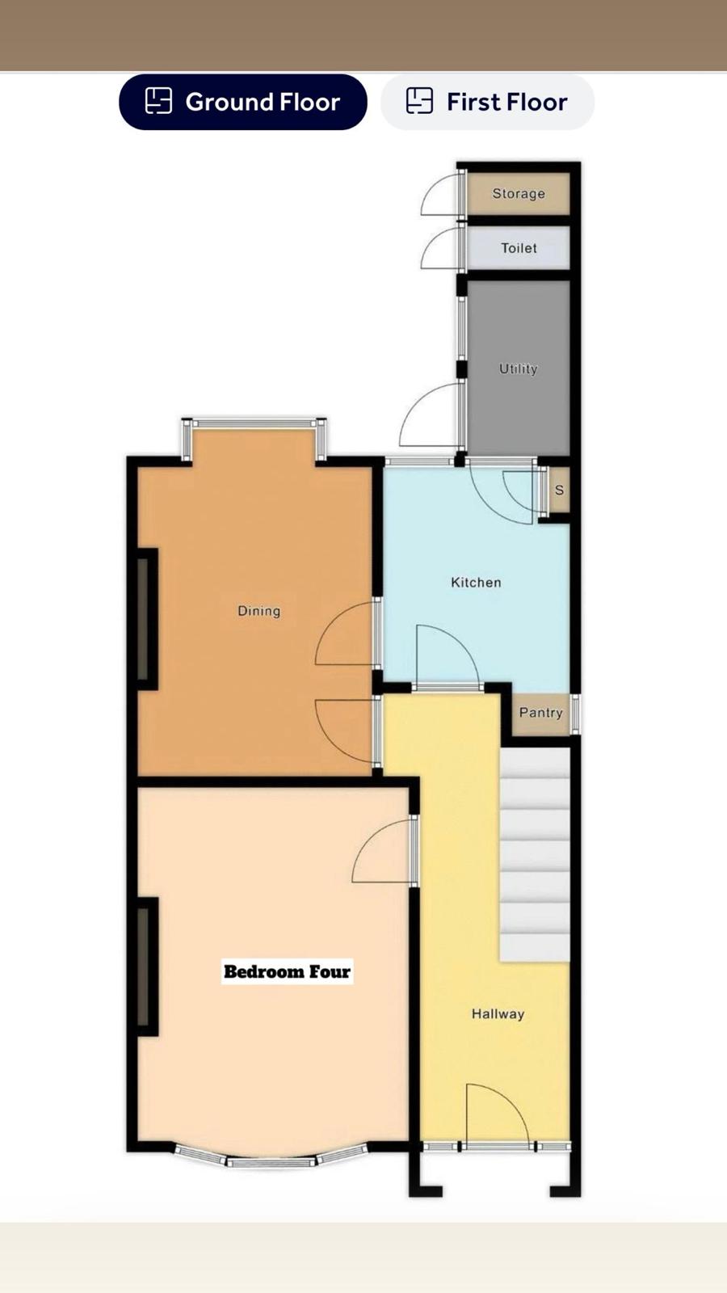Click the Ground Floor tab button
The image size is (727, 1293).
coord(243,102)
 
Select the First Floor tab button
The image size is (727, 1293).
coord(488,102)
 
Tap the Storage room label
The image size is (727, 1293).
coord(519,193)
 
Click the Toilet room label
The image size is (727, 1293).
coord(519,248)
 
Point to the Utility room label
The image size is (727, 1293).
coord(518,369)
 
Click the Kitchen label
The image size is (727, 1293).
coord(476,582)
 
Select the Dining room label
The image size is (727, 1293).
coord(259,611)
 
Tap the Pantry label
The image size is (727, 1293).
coord(540,713)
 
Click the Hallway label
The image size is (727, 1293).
coord(498,1014)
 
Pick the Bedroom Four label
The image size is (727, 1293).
coord(288,971)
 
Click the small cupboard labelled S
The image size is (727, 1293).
coord(559,490)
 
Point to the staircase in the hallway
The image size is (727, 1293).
coord(535,854)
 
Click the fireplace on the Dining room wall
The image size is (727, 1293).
coord(147,619)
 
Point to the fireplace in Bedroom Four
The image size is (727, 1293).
coord(147,967)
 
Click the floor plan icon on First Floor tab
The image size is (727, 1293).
coord(419,101)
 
